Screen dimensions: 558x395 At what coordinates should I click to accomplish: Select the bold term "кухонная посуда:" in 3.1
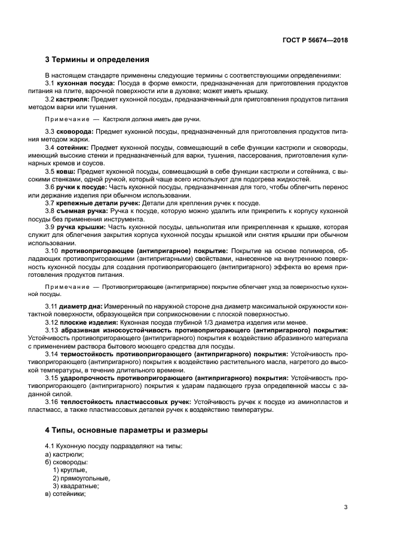[85, 84]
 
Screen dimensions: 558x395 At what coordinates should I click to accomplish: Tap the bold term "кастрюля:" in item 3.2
[74, 100]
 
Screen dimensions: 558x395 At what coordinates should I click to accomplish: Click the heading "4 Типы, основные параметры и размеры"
[125, 430]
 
